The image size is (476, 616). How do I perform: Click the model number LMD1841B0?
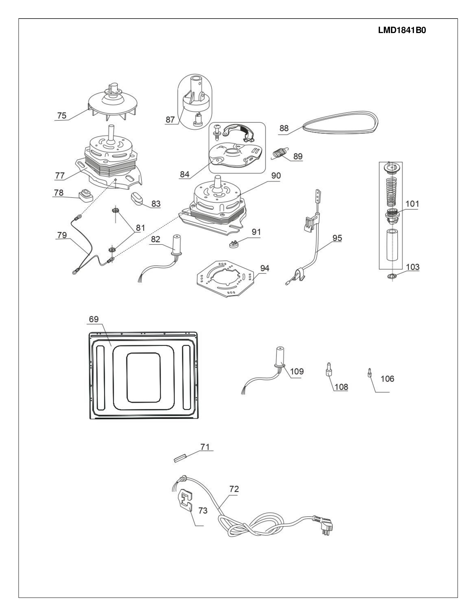(402, 30)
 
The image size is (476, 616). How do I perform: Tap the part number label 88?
(284, 128)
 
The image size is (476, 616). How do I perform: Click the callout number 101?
(412, 204)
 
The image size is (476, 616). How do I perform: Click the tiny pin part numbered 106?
(369, 375)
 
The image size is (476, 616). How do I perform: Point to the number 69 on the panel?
(94, 319)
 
